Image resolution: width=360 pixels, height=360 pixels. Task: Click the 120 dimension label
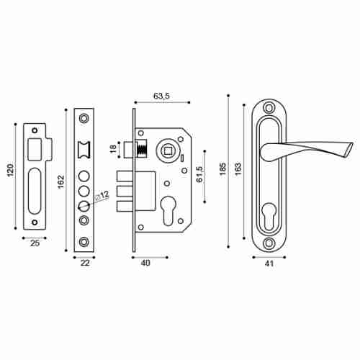pyautogui.click(x=11, y=170)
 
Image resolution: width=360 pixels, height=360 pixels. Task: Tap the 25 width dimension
pyautogui.click(x=35, y=243)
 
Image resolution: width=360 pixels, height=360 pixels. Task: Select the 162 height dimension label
pyautogui.click(x=61, y=181)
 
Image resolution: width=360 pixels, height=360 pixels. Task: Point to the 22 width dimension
pyautogui.click(x=85, y=263)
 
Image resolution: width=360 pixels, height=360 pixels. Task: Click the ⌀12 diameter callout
pyautogui.click(x=102, y=195)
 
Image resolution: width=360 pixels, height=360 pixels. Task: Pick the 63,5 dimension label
pyautogui.click(x=161, y=96)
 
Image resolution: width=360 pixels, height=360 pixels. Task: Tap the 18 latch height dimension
pyautogui.click(x=114, y=149)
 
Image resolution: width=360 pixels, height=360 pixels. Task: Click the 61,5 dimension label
pyautogui.click(x=200, y=174)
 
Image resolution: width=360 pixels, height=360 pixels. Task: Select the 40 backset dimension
pyautogui.click(x=145, y=263)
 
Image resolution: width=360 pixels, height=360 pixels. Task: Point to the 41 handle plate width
pyautogui.click(x=269, y=264)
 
